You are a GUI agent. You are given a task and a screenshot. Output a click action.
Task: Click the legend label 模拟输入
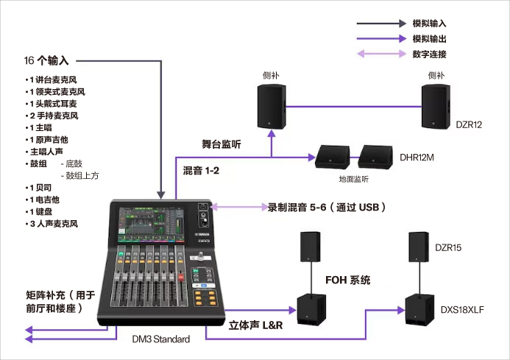tap(429, 24)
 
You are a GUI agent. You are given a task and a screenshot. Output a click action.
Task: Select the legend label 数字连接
tap(429, 54)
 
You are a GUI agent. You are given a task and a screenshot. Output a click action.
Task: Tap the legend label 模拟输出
tap(429, 39)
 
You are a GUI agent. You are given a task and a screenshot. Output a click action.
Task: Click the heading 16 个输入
tap(47, 60)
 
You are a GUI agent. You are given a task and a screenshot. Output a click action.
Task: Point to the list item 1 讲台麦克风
tap(55, 80)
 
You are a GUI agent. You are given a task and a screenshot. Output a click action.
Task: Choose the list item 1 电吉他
tap(47, 200)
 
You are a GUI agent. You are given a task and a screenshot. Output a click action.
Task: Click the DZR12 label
tap(469, 125)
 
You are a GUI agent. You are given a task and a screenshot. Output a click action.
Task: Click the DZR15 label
tap(448, 248)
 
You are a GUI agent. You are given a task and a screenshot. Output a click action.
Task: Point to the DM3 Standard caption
tap(160, 339)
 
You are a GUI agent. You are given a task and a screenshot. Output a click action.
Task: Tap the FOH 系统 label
tap(347, 280)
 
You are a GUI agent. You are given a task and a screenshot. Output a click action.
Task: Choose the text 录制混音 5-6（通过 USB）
tap(327, 208)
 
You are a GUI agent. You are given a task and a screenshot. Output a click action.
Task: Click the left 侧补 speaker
tap(271, 107)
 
